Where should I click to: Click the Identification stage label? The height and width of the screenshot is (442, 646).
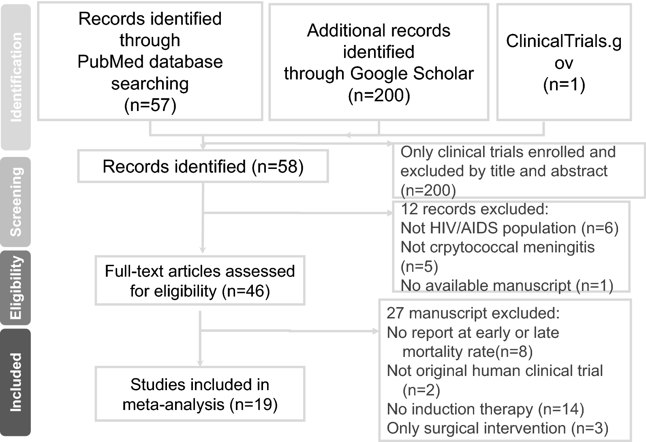pos(16,77)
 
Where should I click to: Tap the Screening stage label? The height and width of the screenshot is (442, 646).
pos(16,202)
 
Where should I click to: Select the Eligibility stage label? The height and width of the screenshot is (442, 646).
pos(16,288)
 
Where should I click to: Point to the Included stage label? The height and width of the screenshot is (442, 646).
pos(16,382)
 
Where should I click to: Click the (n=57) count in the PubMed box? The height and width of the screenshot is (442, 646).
pos(150,105)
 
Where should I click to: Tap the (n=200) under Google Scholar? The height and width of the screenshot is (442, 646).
pos(379,95)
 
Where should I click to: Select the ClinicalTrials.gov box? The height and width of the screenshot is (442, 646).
pos(564,62)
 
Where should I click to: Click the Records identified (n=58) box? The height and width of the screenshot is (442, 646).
pos(203,167)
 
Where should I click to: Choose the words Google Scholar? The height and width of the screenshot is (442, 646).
pos(412,74)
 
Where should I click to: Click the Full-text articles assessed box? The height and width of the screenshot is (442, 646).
pos(200,281)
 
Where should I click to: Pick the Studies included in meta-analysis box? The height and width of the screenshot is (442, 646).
pos(200,394)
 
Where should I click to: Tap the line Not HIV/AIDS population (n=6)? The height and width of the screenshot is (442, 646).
pos(509,228)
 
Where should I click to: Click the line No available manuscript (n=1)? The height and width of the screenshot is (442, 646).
pos(507,286)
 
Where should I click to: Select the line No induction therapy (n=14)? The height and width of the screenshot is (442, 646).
pos(485,409)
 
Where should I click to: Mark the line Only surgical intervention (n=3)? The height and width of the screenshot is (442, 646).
pos(497,428)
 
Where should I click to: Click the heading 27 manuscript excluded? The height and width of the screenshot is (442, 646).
pos(473,313)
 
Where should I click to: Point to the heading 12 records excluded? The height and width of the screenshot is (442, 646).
pos(474,209)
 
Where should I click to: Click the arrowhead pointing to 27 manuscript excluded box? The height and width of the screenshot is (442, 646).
pos(375,331)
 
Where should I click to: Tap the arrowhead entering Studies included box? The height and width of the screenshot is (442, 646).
pos(200,363)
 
